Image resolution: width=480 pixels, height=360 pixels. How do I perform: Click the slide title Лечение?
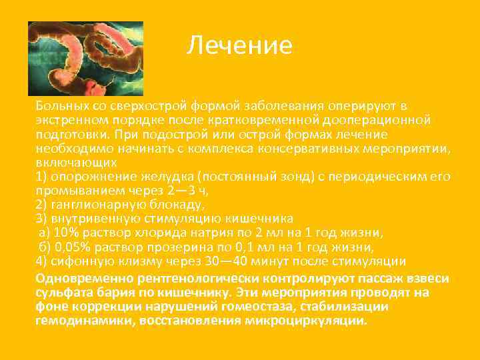[x=239, y=45]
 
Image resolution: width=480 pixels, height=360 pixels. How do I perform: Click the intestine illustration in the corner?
[x=85, y=59]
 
